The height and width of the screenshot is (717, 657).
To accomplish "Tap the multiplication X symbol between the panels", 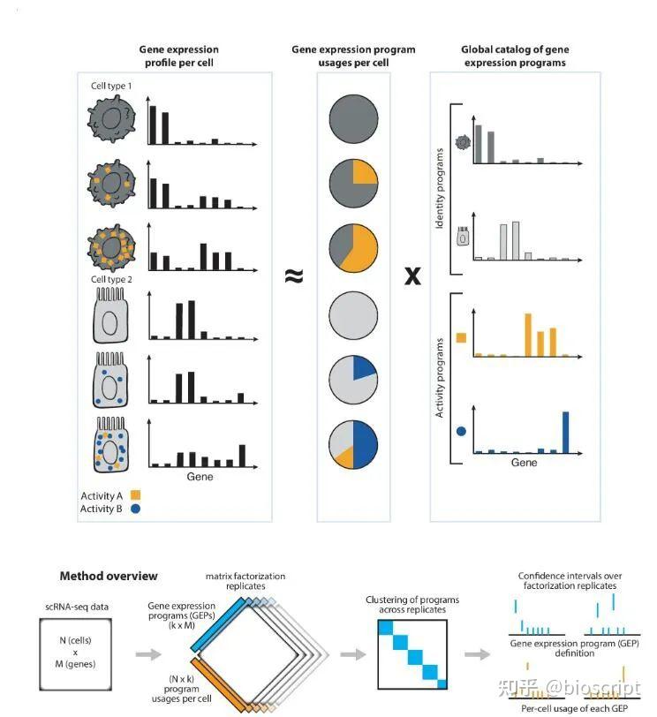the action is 412,276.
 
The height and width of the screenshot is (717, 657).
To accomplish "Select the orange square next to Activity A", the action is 136,494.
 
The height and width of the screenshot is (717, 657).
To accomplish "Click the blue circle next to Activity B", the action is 136,509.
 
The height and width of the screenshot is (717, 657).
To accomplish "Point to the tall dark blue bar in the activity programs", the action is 565,432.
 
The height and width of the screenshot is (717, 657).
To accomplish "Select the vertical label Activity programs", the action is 441,377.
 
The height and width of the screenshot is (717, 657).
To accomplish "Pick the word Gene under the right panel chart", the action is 524,462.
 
